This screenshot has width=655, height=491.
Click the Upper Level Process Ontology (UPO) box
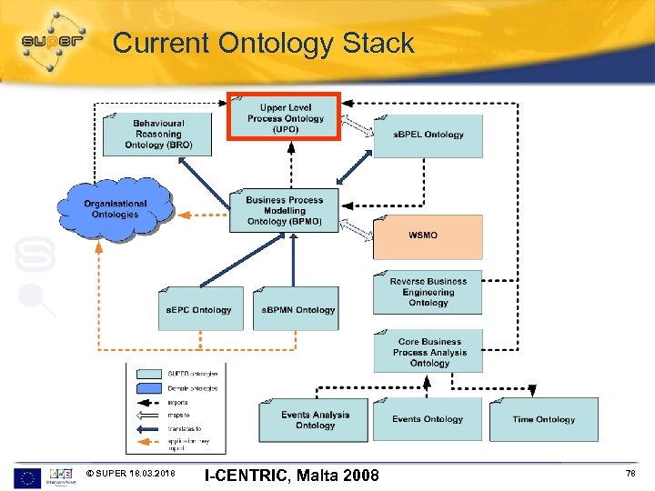285,117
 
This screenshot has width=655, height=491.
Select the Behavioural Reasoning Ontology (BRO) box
157,134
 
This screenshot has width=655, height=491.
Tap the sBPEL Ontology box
428,135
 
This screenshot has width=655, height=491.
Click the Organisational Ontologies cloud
115,209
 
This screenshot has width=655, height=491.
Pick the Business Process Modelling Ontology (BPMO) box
284,211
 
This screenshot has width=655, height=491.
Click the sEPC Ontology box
200,309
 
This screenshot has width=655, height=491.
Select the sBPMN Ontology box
297,309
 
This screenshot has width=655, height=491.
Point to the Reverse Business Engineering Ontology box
428,293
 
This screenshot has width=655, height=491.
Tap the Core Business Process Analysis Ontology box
428,352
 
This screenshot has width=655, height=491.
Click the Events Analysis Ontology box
315,419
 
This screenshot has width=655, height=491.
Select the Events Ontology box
428,419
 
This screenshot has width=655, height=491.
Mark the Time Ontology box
543,419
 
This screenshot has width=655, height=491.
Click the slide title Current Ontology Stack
263,43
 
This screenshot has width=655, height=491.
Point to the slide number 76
630,474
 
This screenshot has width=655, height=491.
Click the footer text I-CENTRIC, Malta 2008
291,475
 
